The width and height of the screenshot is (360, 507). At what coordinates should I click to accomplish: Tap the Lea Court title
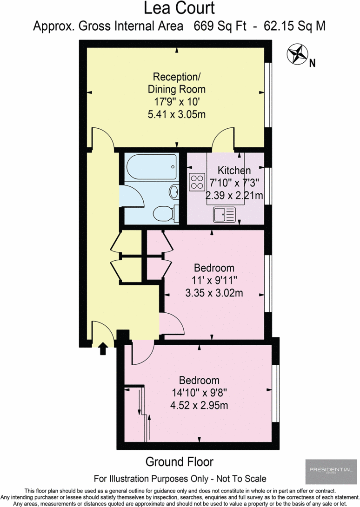coord(180,8)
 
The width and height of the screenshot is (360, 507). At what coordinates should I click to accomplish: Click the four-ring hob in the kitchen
coord(197,181)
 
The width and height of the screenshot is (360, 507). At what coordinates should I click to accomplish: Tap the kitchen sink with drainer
coord(225,214)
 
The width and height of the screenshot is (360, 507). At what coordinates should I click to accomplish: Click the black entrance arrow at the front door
coord(103,349)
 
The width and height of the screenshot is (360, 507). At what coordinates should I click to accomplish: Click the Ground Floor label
coord(180,461)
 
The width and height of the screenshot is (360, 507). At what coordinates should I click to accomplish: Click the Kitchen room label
coord(234,171)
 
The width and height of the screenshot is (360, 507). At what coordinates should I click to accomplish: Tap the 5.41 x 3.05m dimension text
coord(177,113)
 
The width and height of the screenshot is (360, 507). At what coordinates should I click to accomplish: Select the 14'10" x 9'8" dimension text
coord(199,393)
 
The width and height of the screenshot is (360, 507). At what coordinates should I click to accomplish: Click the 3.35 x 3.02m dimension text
coord(213,293)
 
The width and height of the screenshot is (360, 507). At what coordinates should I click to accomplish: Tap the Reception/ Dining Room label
coord(177,82)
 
